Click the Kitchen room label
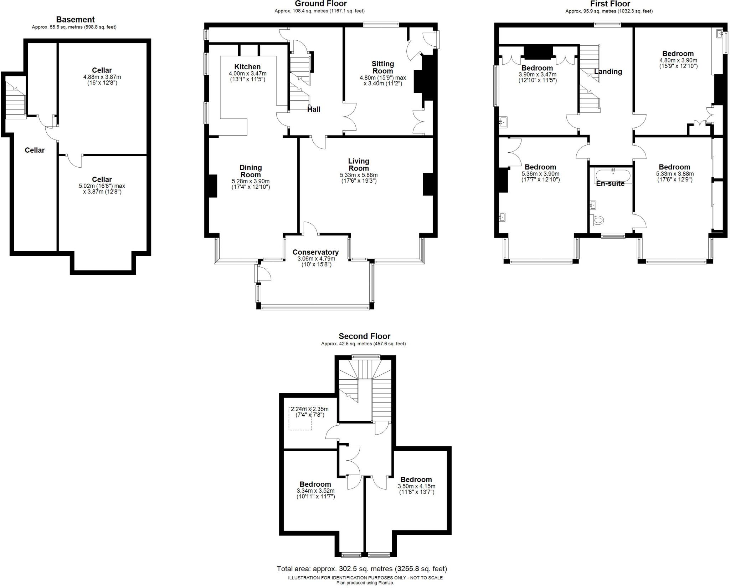[x=247, y=67]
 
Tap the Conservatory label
[x=315, y=252]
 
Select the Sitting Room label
[x=383, y=67]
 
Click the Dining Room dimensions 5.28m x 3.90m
[x=251, y=181]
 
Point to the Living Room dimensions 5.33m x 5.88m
[x=359, y=175]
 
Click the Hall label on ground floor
[x=314, y=109]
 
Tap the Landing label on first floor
[x=608, y=71]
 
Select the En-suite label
[x=610, y=183]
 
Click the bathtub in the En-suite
[x=613, y=176]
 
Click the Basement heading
[x=75, y=20]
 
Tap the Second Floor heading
[x=364, y=336]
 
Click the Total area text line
[x=362, y=569]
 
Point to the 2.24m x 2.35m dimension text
[x=309, y=409]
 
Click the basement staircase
[x=15, y=100]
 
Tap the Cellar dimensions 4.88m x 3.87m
[x=102, y=77]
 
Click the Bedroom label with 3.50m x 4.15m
[x=416, y=480]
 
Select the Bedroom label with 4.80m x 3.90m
[x=678, y=54]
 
